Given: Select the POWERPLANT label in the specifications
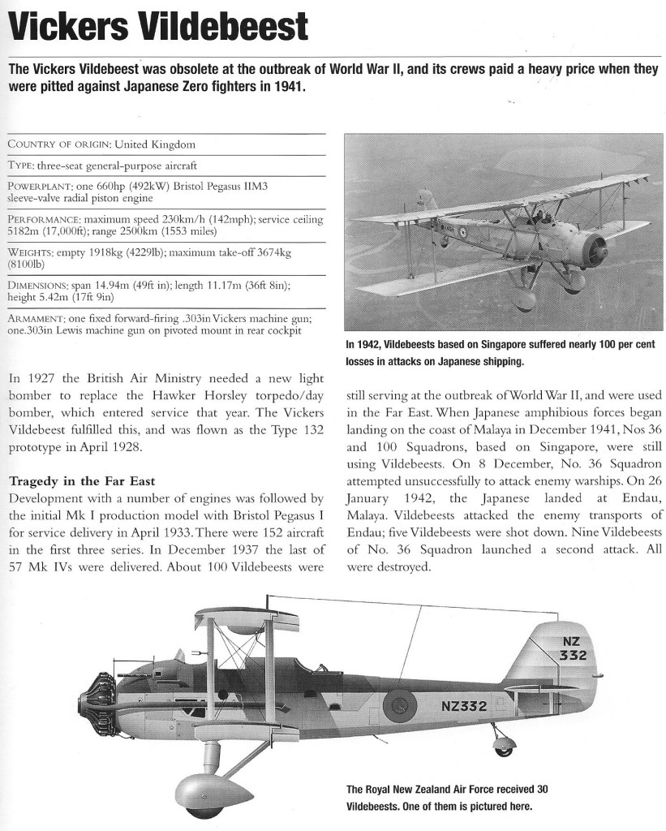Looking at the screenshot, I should click(x=41, y=187).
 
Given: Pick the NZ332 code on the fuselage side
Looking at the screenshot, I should click(x=463, y=705).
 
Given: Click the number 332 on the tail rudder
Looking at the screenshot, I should click(x=572, y=655).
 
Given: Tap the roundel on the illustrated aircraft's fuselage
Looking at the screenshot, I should click(x=398, y=700).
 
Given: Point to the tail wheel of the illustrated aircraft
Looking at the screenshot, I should click(x=505, y=744).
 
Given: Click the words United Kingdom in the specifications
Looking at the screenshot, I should click(x=155, y=144).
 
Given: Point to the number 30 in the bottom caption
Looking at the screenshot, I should click(x=539, y=789).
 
